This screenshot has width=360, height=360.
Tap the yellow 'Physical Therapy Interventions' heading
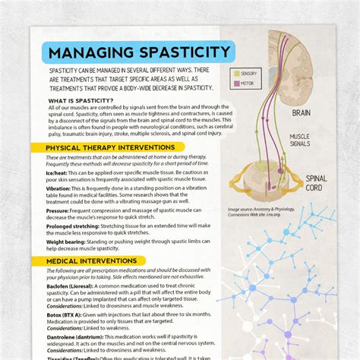pos(110,147)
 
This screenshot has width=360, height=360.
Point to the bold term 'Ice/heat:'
pos(58,172)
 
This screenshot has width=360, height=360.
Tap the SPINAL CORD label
pos(317,183)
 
